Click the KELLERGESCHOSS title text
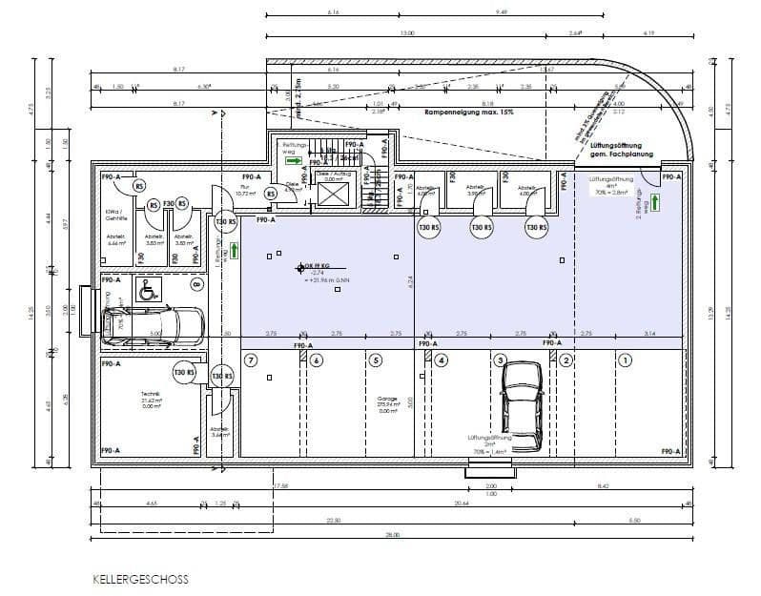point(140,578)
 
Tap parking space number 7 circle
point(251,360)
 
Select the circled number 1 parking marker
point(626,360)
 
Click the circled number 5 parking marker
point(377,360)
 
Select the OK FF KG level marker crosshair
point(300,270)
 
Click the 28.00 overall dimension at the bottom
point(393,536)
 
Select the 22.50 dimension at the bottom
point(333,520)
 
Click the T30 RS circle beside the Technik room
point(183,373)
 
